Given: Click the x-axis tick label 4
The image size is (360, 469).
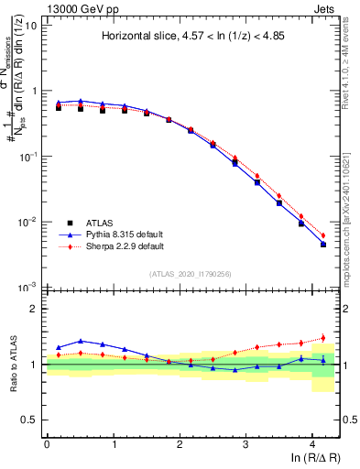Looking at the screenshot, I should pos(312,443).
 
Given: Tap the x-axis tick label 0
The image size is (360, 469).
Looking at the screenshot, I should pos(47,443).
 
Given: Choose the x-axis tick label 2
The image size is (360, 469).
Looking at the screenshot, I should pos(180,443).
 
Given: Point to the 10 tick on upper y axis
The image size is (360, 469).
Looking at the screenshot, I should pos(31,26).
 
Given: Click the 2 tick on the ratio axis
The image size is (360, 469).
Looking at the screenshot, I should pos(34,309).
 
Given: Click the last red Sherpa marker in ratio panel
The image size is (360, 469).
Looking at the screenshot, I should pos(322,338).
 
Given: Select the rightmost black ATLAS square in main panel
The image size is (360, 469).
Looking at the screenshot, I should pos(322,245).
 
